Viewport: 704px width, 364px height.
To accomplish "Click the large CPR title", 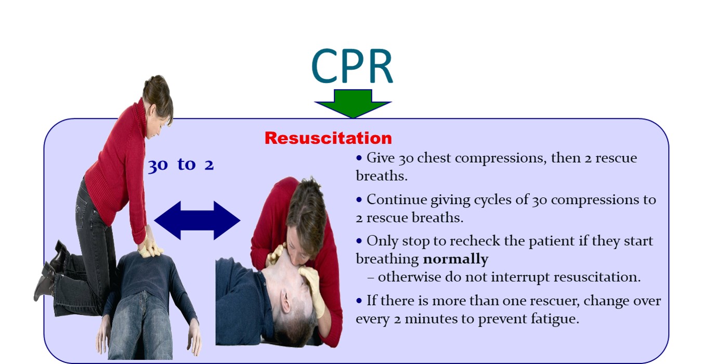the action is [352, 66].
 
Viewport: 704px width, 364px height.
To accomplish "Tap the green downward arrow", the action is [353, 103].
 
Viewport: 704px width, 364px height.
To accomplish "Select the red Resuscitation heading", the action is [329, 138].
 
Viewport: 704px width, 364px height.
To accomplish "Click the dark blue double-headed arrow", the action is [197, 220].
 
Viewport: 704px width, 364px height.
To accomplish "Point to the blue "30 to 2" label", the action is [181, 165].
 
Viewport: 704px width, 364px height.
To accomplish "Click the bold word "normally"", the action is [455, 259].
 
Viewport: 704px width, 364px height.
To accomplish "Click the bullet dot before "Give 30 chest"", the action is [359, 158].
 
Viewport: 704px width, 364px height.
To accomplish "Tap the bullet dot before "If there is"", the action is [359, 301].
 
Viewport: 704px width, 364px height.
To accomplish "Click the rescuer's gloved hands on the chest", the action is [151, 246].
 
